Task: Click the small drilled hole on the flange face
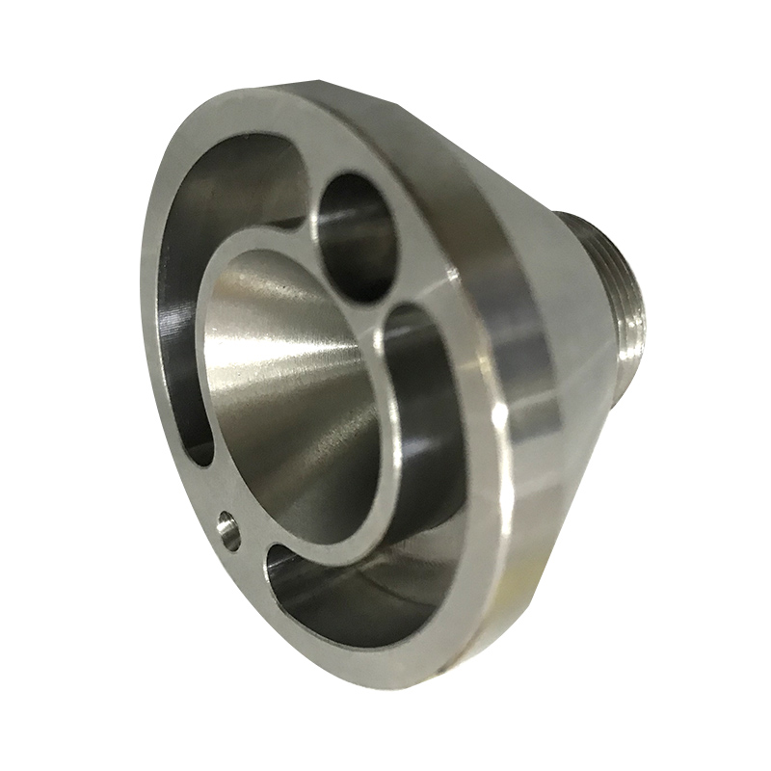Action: (229, 531)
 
